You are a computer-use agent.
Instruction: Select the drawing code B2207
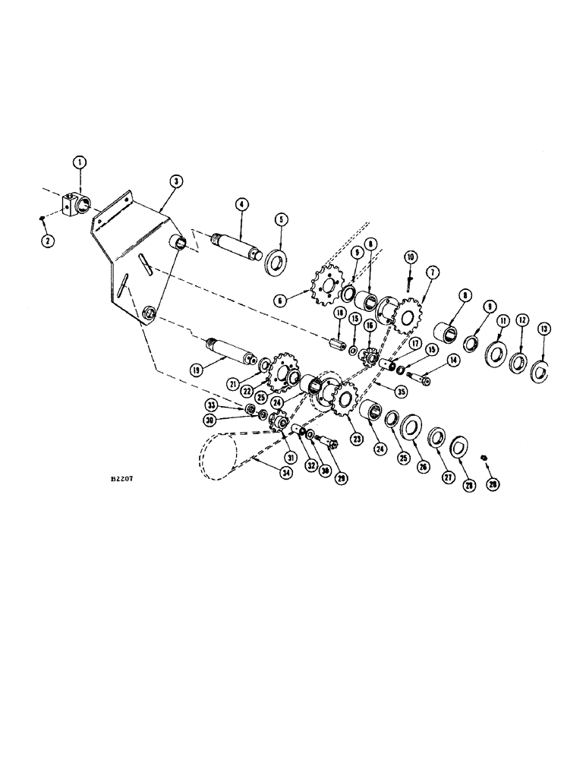[121, 480]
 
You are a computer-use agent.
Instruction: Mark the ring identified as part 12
[521, 361]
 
